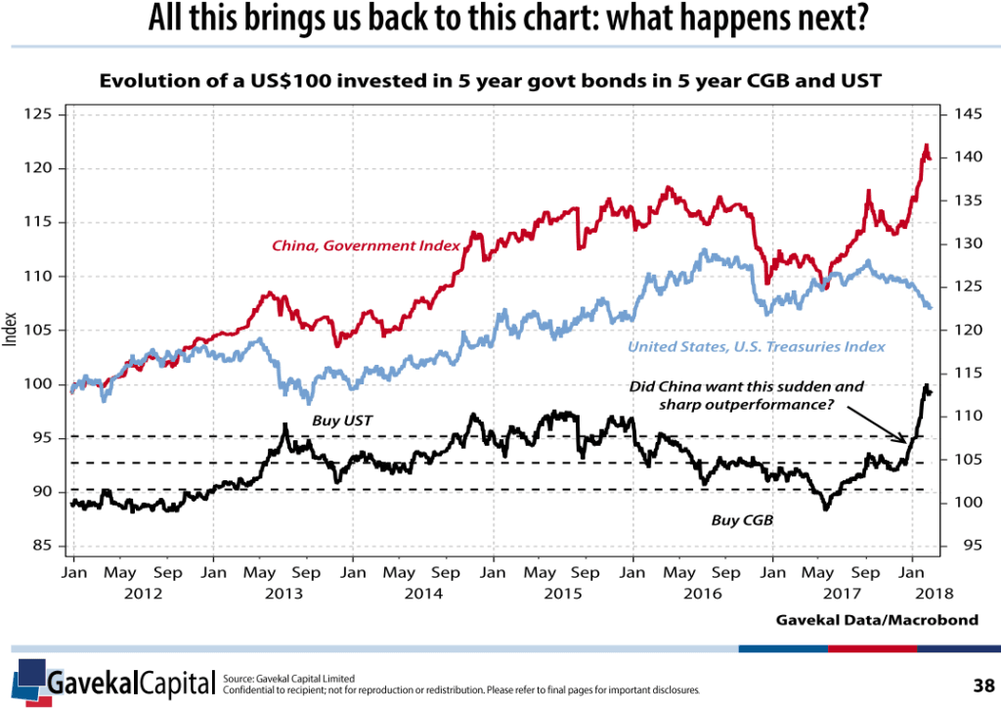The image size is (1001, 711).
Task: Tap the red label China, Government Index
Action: point(366,244)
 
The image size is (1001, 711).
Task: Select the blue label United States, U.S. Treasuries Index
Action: point(756,346)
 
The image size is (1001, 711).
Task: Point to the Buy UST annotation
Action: point(342,421)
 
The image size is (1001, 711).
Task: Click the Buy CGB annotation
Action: point(742,520)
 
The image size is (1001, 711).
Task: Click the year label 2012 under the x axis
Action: point(144,593)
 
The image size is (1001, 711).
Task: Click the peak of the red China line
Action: point(925,147)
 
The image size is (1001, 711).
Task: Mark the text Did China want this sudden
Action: point(747,386)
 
